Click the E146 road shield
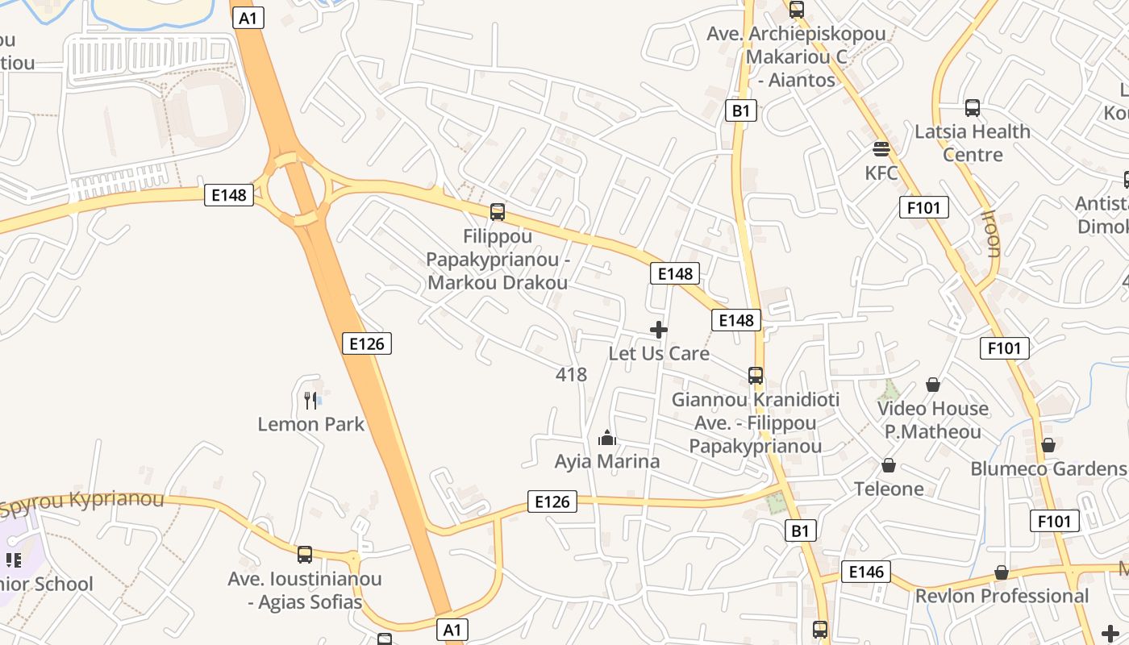866,572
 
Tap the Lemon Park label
311,424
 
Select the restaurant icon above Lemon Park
310,400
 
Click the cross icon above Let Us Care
659,330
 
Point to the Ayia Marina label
607,461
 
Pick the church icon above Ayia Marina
607,438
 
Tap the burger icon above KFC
881,148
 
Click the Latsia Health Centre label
973,143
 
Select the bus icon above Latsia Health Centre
973,108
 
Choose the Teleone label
889,489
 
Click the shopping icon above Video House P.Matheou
933,385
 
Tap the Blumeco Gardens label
1048,468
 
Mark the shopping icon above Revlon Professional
1002,572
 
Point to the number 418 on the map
571,374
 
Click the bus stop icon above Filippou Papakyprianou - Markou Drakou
498,212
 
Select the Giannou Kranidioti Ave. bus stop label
756,422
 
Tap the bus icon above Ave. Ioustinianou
304,555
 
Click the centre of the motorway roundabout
298,191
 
